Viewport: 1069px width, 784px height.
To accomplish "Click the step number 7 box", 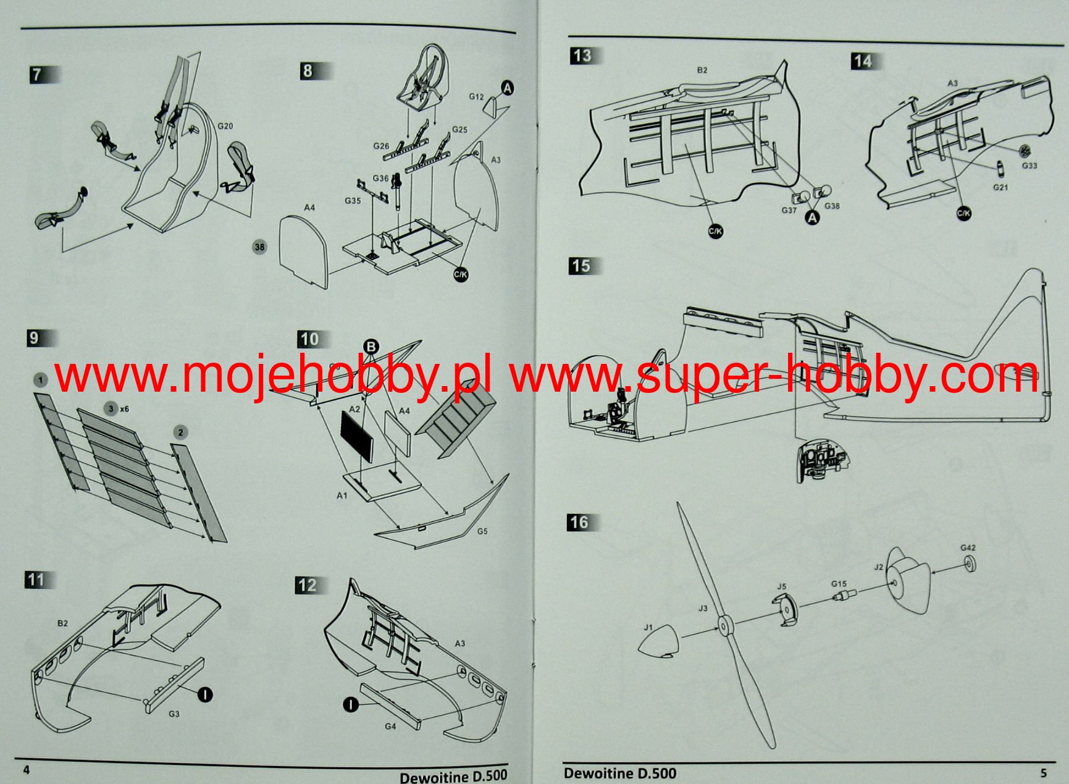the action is point(38,75).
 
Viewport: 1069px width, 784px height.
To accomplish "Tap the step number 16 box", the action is point(579,523).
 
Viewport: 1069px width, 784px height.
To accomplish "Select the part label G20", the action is point(225,126).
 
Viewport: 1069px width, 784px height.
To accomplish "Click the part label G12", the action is point(476,97).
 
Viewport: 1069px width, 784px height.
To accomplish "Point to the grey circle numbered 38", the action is point(259,247).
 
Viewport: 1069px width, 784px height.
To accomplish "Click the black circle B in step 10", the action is point(371,347).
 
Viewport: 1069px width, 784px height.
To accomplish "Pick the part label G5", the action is point(482,531).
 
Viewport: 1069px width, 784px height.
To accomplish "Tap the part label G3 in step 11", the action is point(174,714).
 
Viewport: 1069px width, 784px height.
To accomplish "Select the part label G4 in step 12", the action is point(390,727).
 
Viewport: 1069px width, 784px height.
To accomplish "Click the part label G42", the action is point(968,548).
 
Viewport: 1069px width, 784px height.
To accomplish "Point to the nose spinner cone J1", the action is point(658,643).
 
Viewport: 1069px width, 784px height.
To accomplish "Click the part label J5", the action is point(781,587).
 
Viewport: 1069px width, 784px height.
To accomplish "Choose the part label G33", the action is point(1029,166).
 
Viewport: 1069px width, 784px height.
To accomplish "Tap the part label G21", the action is point(1000,187).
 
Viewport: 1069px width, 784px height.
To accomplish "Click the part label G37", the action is point(789,210).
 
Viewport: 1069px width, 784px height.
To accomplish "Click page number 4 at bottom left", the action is point(26,770).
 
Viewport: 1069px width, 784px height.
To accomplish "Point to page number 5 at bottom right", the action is point(1043,773).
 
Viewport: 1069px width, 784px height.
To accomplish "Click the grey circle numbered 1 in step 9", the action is point(40,379).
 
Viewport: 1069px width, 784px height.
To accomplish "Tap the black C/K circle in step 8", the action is point(461,274).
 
